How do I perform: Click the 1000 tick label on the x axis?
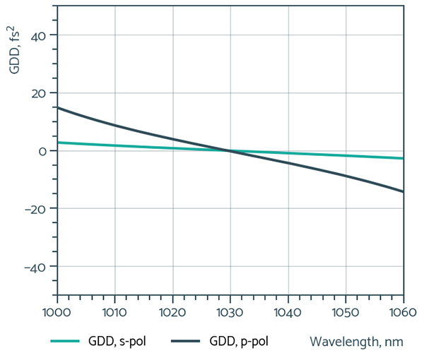click(57, 311)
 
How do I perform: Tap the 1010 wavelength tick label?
click(114, 311)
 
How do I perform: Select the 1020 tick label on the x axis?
click(172, 311)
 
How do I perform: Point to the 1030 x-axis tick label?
click(230, 311)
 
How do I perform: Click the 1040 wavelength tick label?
click(288, 311)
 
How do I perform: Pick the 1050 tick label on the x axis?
click(346, 311)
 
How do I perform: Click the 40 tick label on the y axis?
click(39, 35)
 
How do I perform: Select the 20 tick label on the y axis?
click(39, 93)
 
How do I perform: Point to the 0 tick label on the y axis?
click(42, 151)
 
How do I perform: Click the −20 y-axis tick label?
click(36, 209)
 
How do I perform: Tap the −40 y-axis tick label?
click(36, 267)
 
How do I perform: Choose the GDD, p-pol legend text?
click(237, 342)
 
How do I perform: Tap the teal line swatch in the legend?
click(68, 342)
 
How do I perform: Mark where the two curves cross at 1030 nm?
click(230, 150)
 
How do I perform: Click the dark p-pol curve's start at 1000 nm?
click(57, 107)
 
